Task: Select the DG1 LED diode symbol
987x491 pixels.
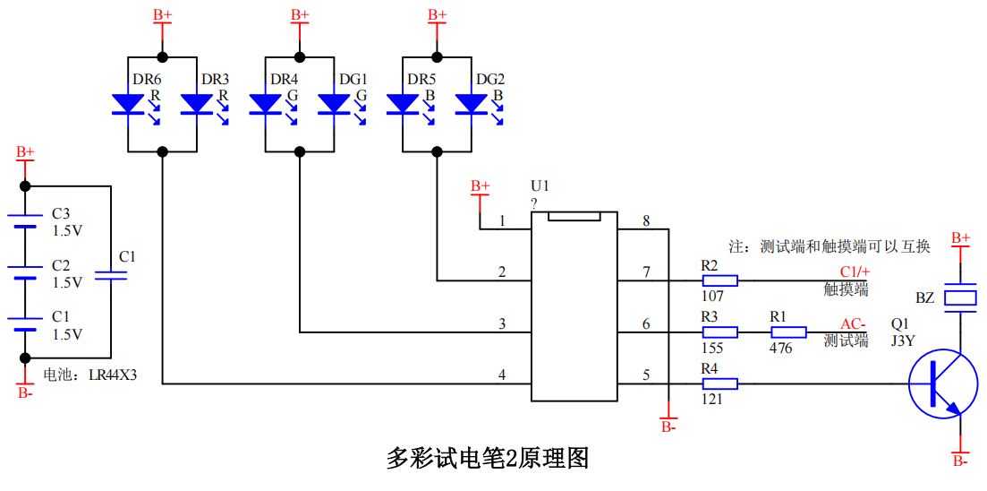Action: pos(334,105)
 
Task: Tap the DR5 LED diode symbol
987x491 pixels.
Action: pos(403,105)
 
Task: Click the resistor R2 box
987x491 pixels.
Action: pos(720,280)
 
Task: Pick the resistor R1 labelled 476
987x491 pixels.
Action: pos(788,332)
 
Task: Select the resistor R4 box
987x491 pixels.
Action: pos(720,384)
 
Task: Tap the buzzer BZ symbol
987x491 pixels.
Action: pos(961,298)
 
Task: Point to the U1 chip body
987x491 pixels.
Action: pos(574,309)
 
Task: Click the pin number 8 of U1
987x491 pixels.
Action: pos(645,220)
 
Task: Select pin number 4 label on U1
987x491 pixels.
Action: pos(502,375)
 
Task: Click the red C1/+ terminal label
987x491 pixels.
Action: pos(854,272)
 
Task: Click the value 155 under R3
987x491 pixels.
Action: pos(713,348)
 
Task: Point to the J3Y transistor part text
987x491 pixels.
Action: pos(904,340)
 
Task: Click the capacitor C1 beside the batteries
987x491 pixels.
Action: pos(111,277)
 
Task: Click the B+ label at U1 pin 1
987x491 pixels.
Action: pos(481,186)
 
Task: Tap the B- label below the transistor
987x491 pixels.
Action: pos(960,461)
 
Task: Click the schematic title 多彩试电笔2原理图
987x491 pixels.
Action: pos(488,458)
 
